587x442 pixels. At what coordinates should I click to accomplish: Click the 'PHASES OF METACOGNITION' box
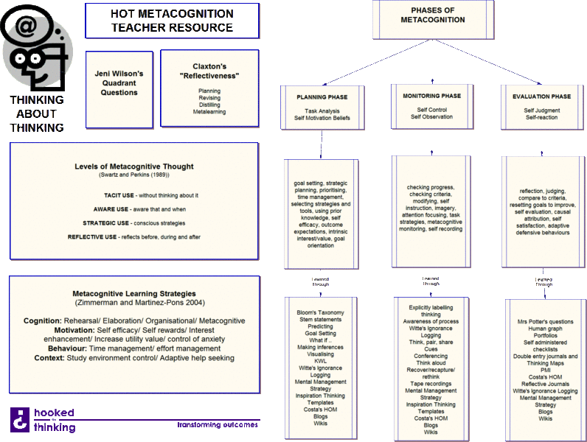click(432, 15)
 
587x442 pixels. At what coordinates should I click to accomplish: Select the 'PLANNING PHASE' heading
click(322, 97)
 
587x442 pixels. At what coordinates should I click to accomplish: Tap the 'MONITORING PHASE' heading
click(431, 96)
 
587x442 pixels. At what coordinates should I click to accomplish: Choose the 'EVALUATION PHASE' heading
click(541, 97)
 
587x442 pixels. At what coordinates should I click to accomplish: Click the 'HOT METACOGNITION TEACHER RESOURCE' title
click(172, 21)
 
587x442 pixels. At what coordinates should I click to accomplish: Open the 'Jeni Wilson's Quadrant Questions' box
click(119, 83)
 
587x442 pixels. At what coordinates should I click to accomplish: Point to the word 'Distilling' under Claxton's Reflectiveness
click(209, 105)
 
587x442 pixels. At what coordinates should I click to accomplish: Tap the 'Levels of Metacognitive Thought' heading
click(134, 166)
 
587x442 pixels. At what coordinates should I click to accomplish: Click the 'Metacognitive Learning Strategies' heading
click(133, 293)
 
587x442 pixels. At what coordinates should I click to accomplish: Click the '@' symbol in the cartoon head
click(26, 27)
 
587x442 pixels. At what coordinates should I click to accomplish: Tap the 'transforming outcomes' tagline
click(218, 425)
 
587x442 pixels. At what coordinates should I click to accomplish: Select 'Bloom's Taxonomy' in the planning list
click(321, 313)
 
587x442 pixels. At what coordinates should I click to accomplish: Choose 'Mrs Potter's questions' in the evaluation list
click(545, 322)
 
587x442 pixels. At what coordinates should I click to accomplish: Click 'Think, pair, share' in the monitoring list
click(431, 343)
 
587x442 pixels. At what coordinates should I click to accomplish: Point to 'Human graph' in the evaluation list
click(545, 329)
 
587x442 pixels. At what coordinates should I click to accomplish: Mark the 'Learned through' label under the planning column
click(321, 282)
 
